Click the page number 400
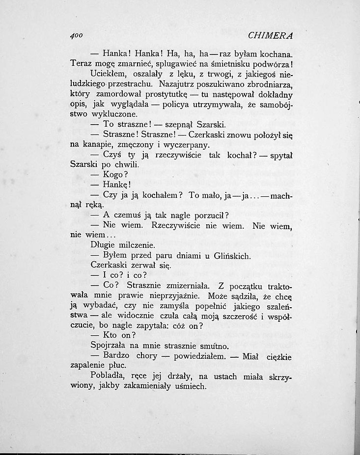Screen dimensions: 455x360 (78, 35)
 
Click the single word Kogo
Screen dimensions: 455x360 (114, 175)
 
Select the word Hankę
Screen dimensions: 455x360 (116, 185)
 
